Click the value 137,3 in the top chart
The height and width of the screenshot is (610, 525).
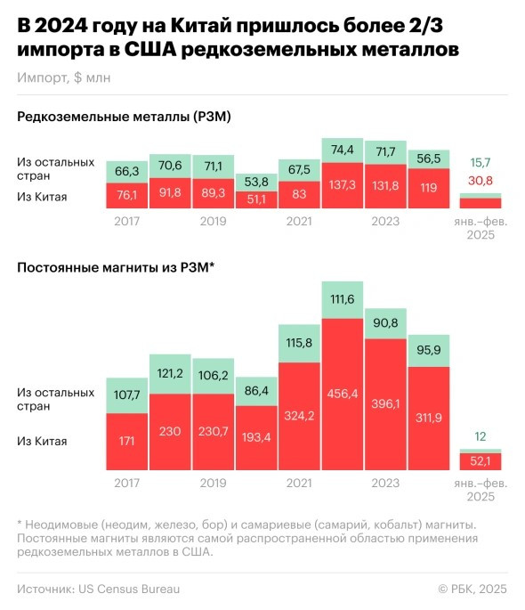coord(343,186)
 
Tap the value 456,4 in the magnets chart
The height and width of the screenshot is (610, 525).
coord(343,393)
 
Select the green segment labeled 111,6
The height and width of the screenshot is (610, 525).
coord(343,298)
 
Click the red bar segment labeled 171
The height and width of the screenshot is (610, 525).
coord(127,441)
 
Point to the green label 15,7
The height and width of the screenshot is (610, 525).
coord(481,162)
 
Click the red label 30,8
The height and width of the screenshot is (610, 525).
coord(481,180)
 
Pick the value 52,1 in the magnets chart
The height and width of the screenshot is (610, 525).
coord(481,460)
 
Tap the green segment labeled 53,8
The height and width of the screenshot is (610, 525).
coord(257,181)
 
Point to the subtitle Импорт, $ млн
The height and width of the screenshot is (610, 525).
coord(63,77)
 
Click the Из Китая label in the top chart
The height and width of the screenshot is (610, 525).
coord(42,197)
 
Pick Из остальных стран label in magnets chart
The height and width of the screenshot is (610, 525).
coord(55,398)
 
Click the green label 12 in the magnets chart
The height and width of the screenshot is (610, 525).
coord(481,435)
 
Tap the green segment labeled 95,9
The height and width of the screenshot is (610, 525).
coord(430,351)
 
